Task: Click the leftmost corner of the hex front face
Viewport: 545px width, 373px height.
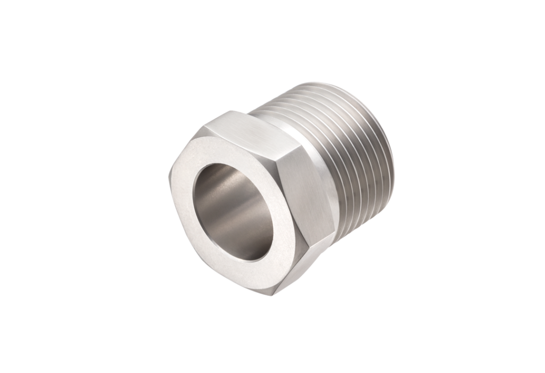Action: [171, 176]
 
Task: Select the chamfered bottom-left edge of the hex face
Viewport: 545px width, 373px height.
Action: [213, 271]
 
